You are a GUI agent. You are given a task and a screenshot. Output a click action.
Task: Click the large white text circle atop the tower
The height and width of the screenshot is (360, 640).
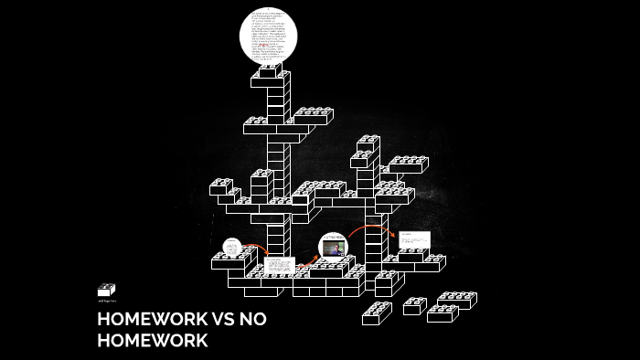(269, 35)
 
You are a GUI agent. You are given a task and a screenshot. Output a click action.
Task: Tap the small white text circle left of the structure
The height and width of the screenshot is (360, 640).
(232, 247)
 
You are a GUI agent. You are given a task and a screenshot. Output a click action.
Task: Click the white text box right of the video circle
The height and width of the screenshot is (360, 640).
(413, 239)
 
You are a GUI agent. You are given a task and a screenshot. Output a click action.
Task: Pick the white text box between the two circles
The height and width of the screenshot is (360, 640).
(279, 266)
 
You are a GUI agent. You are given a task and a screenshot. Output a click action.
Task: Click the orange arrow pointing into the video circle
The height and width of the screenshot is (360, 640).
(308, 261)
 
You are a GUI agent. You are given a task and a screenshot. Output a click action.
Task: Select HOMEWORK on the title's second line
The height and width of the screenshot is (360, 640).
(153, 341)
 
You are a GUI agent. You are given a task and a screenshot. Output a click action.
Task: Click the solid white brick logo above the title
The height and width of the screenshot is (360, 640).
(106, 291)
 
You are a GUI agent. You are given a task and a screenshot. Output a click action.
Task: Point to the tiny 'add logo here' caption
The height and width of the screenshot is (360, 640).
(107, 301)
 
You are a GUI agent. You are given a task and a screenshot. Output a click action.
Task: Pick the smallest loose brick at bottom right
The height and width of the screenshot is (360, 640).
(414, 306)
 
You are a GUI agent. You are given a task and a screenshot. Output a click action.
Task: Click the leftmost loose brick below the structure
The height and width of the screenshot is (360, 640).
(376, 313)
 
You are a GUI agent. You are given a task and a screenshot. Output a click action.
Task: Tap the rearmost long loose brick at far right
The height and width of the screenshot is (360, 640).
(457, 299)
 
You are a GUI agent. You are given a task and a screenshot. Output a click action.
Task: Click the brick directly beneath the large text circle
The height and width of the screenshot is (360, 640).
(271, 72)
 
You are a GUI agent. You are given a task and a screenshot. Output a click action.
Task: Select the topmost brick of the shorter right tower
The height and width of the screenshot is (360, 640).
(368, 143)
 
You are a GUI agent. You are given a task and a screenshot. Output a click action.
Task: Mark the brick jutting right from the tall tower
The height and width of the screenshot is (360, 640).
(313, 116)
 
